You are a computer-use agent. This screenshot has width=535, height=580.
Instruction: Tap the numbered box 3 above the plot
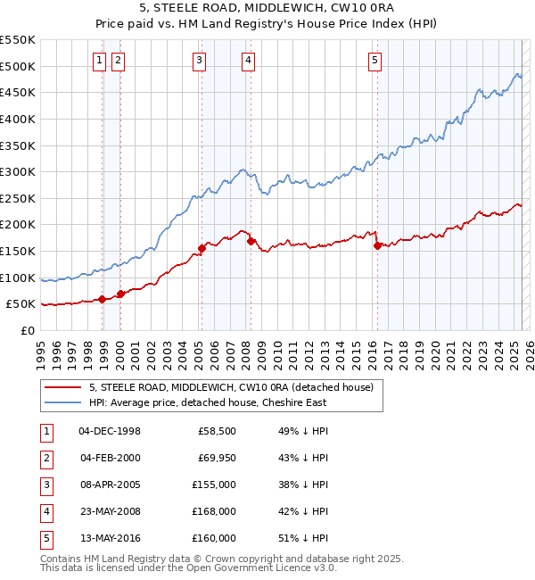[199, 61]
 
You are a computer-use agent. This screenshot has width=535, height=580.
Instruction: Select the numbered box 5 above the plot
[374, 61]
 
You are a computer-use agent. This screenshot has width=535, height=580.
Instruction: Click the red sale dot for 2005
[202, 249]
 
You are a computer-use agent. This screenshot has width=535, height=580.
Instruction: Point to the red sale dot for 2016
[377, 245]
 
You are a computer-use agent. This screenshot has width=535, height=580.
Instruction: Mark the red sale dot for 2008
[251, 241]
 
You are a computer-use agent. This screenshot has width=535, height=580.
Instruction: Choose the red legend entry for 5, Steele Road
[235, 387]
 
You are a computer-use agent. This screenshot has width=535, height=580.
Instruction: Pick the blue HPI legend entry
[207, 402]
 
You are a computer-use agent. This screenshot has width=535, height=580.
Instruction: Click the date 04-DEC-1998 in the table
[110, 432]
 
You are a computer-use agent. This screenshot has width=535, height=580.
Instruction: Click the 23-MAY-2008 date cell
[110, 511]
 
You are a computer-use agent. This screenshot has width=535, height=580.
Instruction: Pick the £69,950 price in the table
[215, 459]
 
